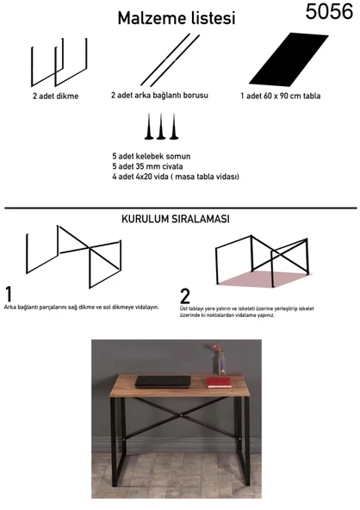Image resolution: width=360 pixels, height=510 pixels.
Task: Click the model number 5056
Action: (x=329, y=12)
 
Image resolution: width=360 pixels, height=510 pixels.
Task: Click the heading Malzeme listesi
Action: (x=177, y=18)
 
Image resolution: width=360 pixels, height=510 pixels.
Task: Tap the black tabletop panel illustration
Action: (x=289, y=59)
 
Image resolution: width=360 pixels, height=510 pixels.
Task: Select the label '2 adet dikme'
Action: (x=56, y=96)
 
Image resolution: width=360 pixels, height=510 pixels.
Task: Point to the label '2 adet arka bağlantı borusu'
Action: (x=159, y=96)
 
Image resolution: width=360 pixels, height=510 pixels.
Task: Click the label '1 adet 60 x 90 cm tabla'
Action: (x=280, y=96)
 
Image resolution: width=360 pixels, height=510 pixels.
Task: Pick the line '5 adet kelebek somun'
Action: (x=152, y=156)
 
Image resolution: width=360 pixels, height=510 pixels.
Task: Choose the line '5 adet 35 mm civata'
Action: (x=147, y=166)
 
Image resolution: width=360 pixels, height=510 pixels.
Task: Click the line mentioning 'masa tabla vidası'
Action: (x=176, y=177)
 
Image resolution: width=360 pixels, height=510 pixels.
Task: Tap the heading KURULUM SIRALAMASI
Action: (x=176, y=219)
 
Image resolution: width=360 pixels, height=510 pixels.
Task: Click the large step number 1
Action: (x=9, y=295)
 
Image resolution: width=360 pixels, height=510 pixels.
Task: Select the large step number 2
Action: (x=184, y=296)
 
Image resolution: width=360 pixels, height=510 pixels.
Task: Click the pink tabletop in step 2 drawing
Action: (x=264, y=279)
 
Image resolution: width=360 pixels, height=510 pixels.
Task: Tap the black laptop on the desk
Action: (x=163, y=382)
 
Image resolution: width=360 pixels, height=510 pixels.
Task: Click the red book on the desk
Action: (x=220, y=382)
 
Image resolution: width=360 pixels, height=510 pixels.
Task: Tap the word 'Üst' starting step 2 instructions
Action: (x=183, y=308)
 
